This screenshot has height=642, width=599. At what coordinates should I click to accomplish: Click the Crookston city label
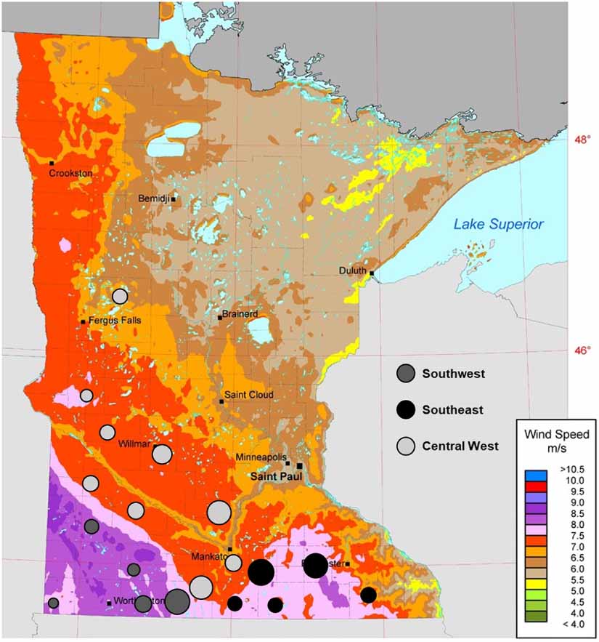[70, 173]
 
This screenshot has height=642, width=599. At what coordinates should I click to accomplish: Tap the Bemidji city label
[154, 198]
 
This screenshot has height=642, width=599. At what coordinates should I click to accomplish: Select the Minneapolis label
[259, 457]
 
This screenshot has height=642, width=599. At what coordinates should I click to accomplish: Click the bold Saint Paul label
[274, 477]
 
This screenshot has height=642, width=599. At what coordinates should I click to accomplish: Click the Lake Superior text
[498, 225]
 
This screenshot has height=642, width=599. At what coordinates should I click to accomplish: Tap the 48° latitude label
[583, 140]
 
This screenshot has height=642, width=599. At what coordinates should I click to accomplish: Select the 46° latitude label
[583, 350]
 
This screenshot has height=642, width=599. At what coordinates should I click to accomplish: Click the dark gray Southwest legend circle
[407, 374]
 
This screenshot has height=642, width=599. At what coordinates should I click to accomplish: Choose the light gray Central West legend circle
[407, 446]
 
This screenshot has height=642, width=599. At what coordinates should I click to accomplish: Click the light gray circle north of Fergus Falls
[120, 296]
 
